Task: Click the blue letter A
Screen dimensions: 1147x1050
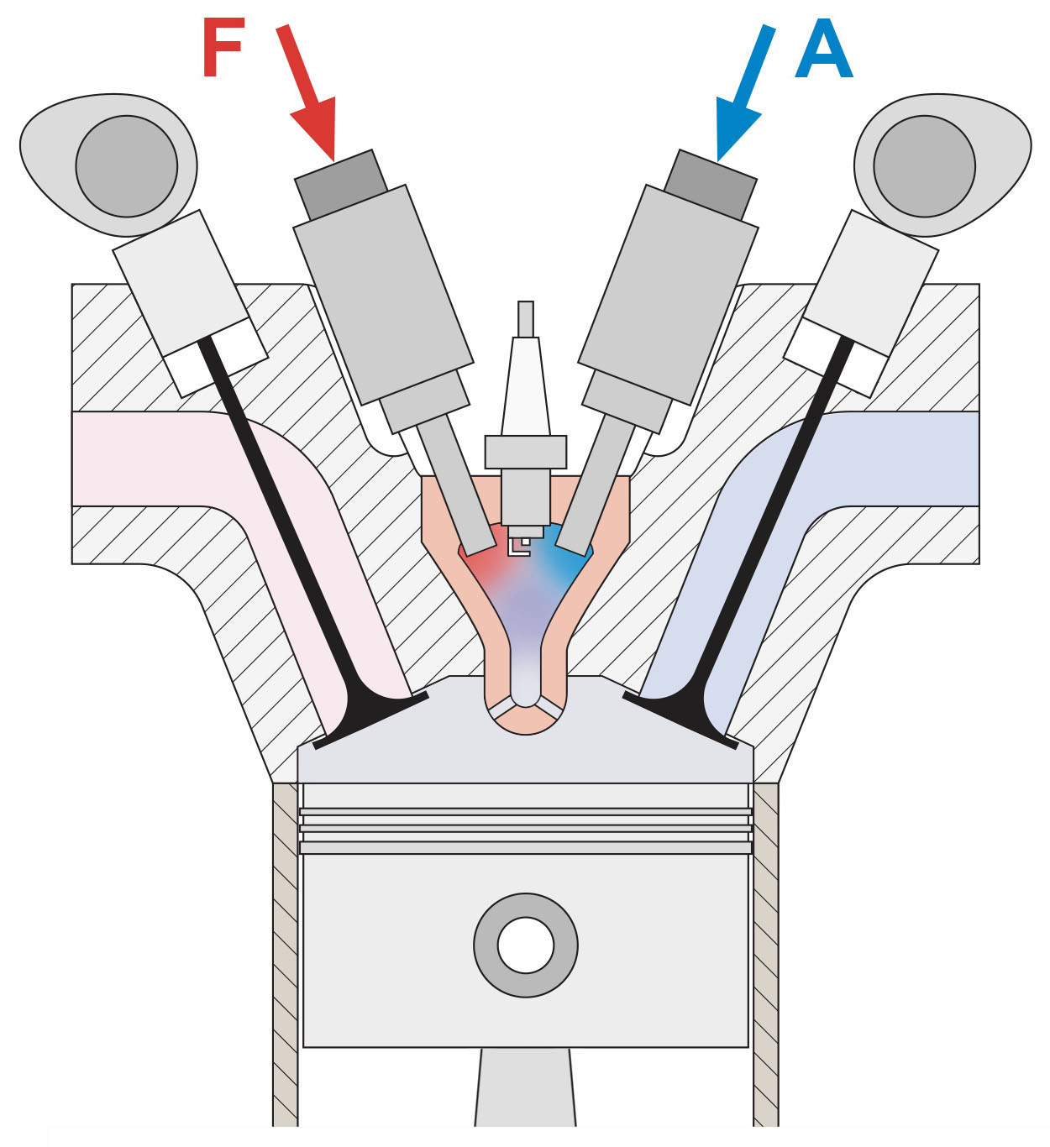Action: pyautogui.click(x=824, y=52)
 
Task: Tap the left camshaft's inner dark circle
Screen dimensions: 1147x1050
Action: pyautogui.click(x=126, y=165)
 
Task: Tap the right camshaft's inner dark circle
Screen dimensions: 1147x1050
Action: pyautogui.click(x=924, y=165)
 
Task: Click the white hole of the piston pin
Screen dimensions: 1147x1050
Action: pyautogui.click(x=525, y=945)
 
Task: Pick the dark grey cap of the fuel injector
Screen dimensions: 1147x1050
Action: pyautogui.click(x=341, y=186)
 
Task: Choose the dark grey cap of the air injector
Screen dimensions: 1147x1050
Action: pyautogui.click(x=711, y=186)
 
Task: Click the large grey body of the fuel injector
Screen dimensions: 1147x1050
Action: pyautogui.click(x=382, y=294)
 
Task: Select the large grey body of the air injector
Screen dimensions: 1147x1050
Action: pyautogui.click(x=669, y=294)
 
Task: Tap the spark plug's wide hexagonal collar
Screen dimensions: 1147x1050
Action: pyautogui.click(x=525, y=452)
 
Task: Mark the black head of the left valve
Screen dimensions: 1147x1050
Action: pyautogui.click(x=370, y=718)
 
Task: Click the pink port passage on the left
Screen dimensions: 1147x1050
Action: pyautogui.click(x=151, y=458)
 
